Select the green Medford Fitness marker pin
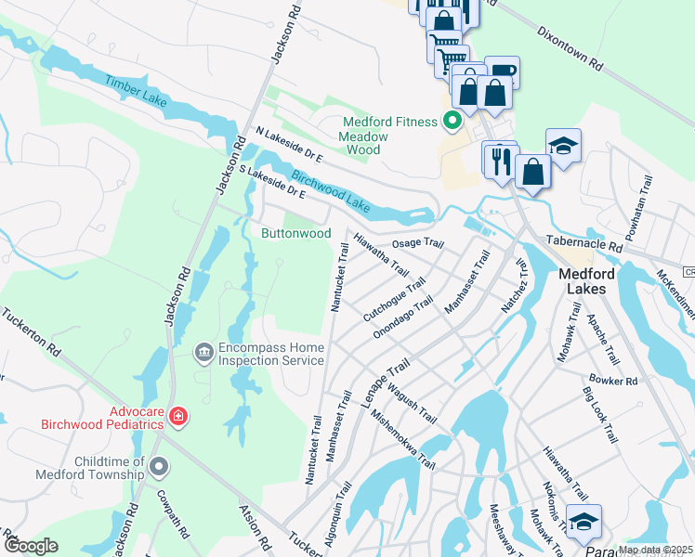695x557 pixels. point(453,122)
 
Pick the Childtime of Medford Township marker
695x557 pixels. point(159,466)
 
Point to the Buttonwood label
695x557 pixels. point(295,233)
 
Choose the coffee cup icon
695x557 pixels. point(502,72)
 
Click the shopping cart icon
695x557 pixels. point(451,60)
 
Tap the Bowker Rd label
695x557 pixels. point(613,381)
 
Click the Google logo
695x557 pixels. point(31,546)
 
